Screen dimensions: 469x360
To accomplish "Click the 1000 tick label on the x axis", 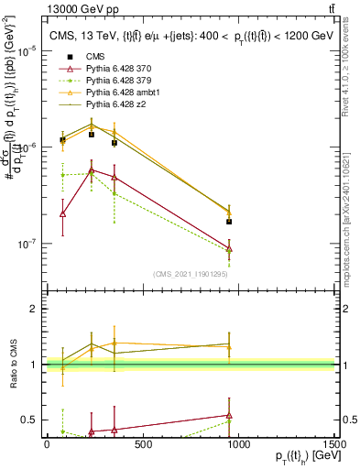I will point(238,445).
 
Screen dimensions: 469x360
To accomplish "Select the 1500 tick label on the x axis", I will point(334,445).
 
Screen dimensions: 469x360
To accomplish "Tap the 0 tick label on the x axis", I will point(46,445).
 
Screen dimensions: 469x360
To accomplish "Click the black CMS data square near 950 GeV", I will point(229,222).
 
